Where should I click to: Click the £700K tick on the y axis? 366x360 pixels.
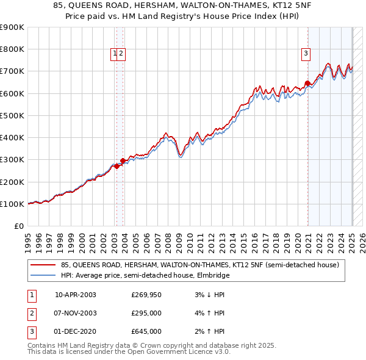(12, 71)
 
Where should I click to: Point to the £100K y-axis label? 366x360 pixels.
(12, 204)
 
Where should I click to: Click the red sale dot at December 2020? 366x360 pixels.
(307, 83)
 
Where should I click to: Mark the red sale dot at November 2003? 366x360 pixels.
(123, 160)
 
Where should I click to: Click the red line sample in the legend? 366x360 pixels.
(43, 265)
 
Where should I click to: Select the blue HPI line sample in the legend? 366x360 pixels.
(43, 275)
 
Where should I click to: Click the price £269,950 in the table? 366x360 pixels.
(146, 295)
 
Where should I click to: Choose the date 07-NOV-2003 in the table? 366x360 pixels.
(76, 313)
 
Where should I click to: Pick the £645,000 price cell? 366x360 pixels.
(146, 331)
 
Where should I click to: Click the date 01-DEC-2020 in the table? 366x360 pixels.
(76, 331)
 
